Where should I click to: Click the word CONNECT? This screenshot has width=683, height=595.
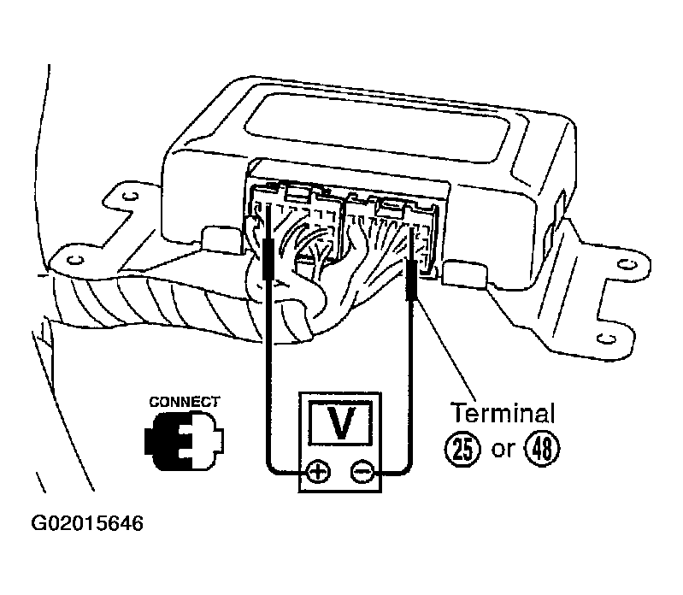tap(185, 402)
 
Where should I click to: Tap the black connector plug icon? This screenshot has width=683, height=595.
tap(184, 441)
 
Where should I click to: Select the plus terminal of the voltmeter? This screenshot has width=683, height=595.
tap(318, 472)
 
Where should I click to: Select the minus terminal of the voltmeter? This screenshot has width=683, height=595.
tap(362, 472)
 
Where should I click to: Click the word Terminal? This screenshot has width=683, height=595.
tap(503, 413)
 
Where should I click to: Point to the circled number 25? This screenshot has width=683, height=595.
tap(462, 449)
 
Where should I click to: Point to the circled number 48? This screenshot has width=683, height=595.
tap(542, 449)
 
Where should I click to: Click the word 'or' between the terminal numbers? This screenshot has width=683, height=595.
tap(503, 449)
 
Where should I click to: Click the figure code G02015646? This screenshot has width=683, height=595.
tap(87, 523)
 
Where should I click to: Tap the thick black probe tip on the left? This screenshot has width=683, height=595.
tap(268, 258)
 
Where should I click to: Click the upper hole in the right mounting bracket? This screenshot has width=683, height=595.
tap(627, 264)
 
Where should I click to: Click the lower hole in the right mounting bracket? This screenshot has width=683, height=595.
tap(606, 338)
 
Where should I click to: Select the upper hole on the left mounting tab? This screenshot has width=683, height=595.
tap(130, 197)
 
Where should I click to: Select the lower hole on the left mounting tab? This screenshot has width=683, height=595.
tap(75, 260)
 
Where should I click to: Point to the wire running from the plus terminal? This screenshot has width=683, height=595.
tap(266, 374)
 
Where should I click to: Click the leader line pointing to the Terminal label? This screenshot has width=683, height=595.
tap(445, 350)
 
